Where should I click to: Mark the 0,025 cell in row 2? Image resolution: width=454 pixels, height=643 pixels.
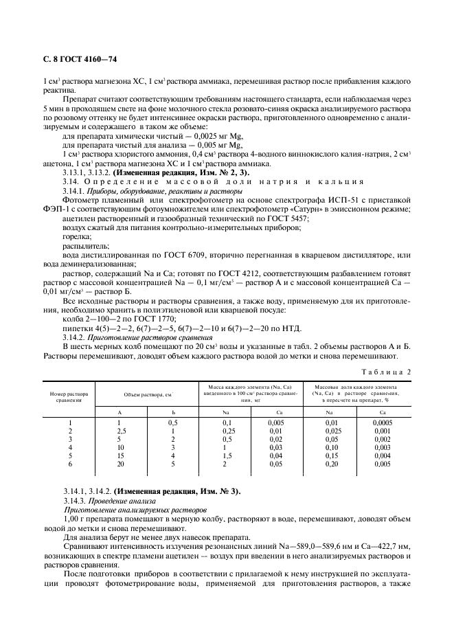pyautogui.click(x=331, y=431)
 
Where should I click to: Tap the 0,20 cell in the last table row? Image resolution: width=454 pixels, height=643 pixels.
pyautogui.click(x=331, y=464)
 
